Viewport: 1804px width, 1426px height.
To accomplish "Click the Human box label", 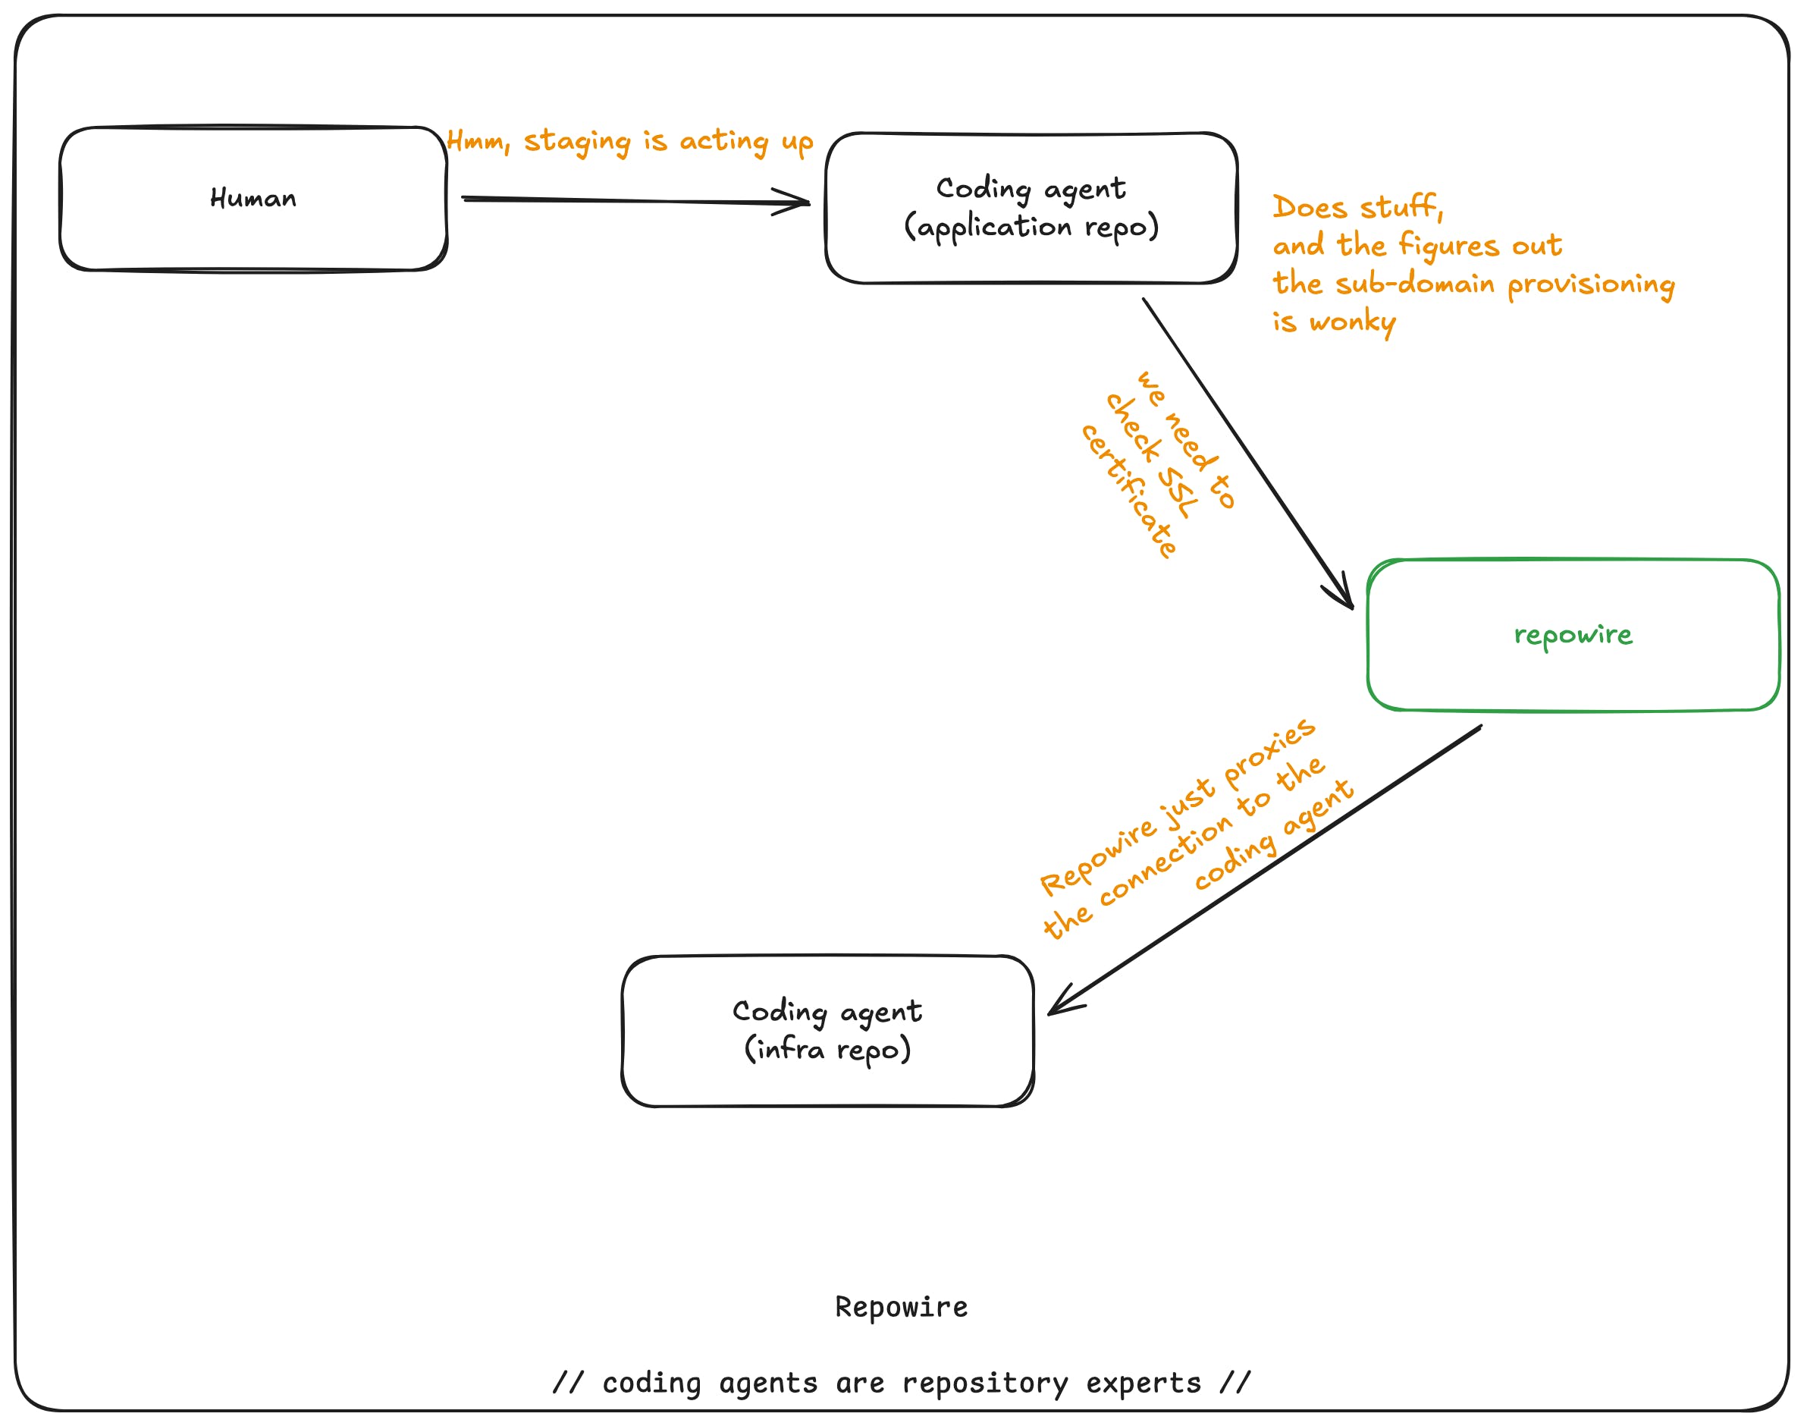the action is tap(253, 199).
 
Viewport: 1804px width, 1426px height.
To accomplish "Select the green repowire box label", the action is tap(1573, 636).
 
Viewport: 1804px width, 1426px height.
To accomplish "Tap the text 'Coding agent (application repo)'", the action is tap(1031, 209).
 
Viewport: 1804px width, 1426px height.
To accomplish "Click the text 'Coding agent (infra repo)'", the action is tap(827, 1031).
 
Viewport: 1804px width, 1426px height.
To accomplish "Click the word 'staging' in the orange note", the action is tap(577, 142).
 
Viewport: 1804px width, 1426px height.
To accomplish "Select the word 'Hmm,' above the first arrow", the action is tap(478, 140).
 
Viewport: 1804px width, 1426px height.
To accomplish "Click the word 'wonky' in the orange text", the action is tap(1352, 322).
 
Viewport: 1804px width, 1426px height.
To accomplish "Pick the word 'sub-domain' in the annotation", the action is tap(1415, 284).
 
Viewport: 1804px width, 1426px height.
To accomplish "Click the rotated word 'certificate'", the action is tap(1128, 491).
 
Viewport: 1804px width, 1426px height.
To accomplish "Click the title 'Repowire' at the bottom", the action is tap(902, 1307).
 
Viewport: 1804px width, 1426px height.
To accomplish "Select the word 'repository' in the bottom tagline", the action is tap(985, 1384).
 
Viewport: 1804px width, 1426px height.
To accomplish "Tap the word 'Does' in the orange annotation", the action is tap(1310, 207).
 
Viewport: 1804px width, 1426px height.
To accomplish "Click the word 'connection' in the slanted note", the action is tap(1166, 860).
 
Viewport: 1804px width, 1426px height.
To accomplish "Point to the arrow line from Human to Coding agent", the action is tap(636, 200).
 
